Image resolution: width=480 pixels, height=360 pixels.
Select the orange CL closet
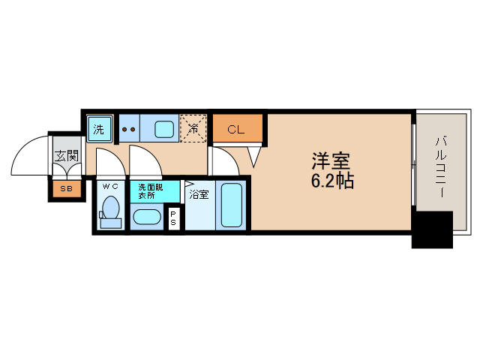(x=237, y=129)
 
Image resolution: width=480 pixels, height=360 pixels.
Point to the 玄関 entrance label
(x=66, y=156)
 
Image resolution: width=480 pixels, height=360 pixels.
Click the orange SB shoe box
(x=66, y=189)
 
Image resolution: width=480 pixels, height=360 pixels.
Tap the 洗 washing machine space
(x=99, y=128)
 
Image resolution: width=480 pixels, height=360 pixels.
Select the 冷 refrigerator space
(x=193, y=128)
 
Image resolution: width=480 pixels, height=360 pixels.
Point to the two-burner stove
(x=129, y=128)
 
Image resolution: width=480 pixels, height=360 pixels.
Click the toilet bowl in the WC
(x=112, y=208)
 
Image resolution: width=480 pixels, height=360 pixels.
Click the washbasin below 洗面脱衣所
(x=146, y=218)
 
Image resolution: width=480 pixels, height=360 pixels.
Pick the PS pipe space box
(x=174, y=217)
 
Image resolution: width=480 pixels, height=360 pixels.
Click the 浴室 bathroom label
(x=199, y=194)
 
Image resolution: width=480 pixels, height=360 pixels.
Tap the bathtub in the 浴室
(x=231, y=206)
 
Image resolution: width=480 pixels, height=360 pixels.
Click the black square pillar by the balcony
(x=432, y=229)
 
